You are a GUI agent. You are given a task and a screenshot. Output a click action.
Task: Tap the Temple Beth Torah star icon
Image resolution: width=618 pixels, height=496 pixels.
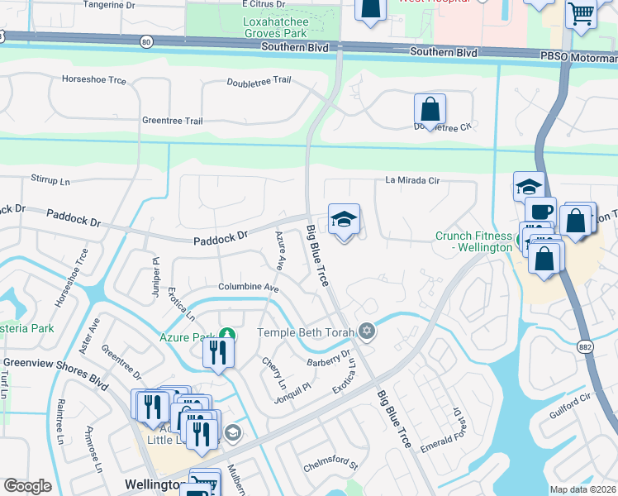pyautogui.click(x=367, y=332)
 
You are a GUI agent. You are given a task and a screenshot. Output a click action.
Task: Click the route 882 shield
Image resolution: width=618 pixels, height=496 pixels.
pyautogui.click(x=585, y=345)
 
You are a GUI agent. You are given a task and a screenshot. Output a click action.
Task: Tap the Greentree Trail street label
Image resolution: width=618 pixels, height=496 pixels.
pyautogui.click(x=172, y=121)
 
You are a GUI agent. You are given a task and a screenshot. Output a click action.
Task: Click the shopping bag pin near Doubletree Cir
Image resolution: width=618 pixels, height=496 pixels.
pyautogui.click(x=430, y=110)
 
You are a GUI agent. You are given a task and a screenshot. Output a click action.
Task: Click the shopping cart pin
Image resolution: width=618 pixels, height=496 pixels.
pyautogui.click(x=582, y=14)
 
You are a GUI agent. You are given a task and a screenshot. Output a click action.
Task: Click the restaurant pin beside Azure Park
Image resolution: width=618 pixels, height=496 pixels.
pyautogui.click(x=218, y=353)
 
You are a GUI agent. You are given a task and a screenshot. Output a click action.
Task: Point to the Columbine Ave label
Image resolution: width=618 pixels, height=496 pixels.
pyautogui.click(x=248, y=288)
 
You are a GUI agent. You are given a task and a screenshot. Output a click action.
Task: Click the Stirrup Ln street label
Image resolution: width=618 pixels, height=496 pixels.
pyautogui.click(x=50, y=179)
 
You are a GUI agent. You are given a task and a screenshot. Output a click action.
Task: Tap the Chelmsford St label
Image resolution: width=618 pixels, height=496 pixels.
pyautogui.click(x=330, y=466)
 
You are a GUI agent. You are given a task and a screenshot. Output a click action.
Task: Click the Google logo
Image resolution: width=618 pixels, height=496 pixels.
pyautogui.click(x=28, y=486)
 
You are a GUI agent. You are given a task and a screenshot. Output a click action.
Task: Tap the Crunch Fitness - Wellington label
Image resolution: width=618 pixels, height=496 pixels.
pyautogui.click(x=474, y=242)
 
